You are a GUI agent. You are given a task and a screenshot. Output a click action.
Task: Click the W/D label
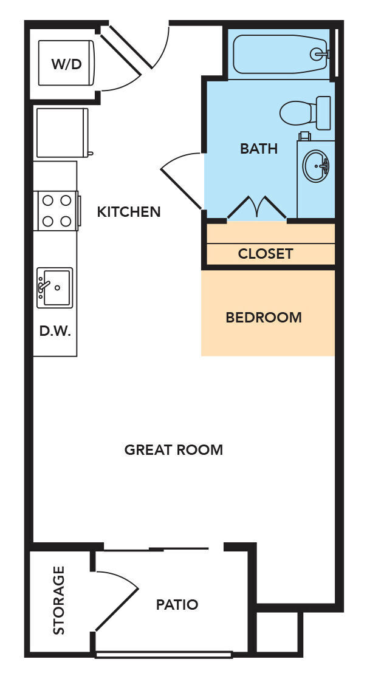67,64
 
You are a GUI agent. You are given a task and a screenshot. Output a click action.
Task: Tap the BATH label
259,148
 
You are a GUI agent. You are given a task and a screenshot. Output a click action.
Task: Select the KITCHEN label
129,212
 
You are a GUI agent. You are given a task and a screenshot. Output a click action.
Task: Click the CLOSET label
266,254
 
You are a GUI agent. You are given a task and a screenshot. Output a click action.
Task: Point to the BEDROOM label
264,317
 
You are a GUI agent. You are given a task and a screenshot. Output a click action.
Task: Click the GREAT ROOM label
174,450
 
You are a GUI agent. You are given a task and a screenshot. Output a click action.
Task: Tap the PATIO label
177,605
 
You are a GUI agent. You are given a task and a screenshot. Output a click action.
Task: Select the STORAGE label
59,601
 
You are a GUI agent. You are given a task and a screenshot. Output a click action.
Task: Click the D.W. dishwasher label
55,332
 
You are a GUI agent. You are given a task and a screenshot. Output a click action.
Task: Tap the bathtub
280,55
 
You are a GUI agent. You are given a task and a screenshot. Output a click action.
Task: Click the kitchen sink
55,287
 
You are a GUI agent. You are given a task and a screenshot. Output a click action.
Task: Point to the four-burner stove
56,210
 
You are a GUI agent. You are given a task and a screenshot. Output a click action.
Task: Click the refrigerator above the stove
61,132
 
